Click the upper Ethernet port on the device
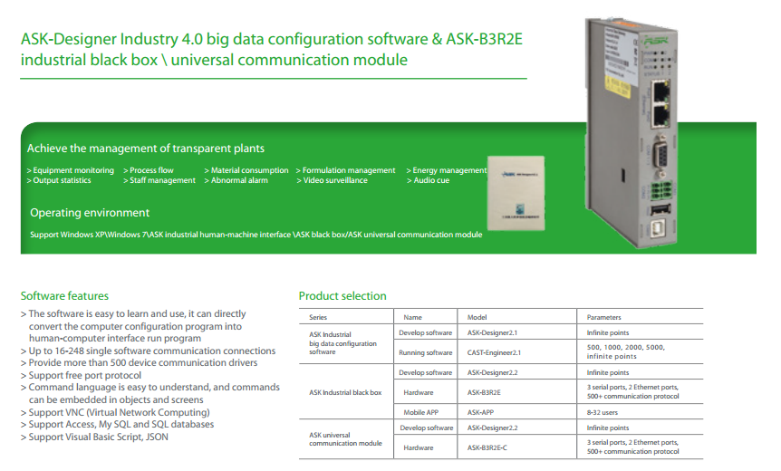[x=660, y=91]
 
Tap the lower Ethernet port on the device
[x=660, y=116]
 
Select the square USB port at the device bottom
[x=660, y=228]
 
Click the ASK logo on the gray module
[x=656, y=41]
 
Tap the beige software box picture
[x=516, y=193]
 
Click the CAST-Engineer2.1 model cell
[x=494, y=352]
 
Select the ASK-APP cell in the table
[x=480, y=412]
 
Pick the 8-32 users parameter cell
[x=602, y=412]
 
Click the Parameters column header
[x=603, y=317]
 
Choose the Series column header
[x=318, y=317]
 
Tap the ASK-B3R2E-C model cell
[x=487, y=447]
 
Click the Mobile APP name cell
[x=421, y=412]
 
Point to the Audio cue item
[x=428, y=180]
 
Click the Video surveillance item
[x=332, y=180]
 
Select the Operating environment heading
[x=90, y=213]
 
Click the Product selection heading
[x=342, y=296]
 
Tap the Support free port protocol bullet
[x=81, y=375]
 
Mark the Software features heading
[x=64, y=296]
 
